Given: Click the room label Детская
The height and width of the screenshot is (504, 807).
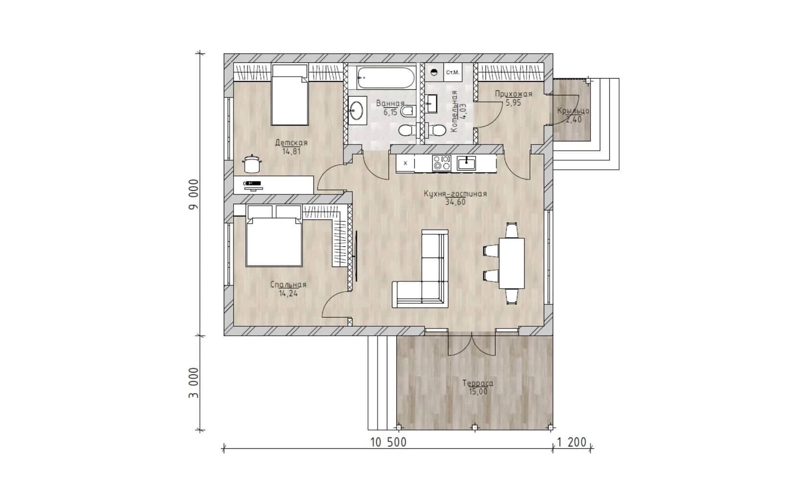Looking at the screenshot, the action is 291,142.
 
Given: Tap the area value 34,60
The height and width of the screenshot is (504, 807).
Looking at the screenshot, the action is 455,202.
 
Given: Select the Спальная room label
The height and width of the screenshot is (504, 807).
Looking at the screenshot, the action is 288,284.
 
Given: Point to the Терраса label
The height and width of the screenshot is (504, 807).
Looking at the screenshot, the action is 477,383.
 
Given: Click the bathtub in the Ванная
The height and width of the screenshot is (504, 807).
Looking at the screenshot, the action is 386,77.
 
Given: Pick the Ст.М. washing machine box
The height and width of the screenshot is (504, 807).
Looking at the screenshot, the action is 452,72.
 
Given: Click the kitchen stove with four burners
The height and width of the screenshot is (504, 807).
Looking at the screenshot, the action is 441,163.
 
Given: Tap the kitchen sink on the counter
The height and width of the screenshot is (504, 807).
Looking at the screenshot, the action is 466,163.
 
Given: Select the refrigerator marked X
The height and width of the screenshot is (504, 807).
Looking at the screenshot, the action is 405,163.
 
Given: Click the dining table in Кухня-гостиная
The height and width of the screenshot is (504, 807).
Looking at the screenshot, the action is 512,263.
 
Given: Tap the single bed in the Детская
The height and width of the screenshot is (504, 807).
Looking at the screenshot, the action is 290,95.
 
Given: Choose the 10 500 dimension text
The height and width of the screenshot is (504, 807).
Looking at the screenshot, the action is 388,442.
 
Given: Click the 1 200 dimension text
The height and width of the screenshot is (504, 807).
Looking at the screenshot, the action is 572,442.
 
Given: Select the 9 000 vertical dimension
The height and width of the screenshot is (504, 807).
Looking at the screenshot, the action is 194,194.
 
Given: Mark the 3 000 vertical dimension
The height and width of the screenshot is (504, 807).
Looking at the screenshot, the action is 194,383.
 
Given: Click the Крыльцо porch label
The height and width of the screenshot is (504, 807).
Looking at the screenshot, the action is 573,111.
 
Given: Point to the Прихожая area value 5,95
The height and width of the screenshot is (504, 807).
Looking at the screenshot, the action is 513,103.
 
